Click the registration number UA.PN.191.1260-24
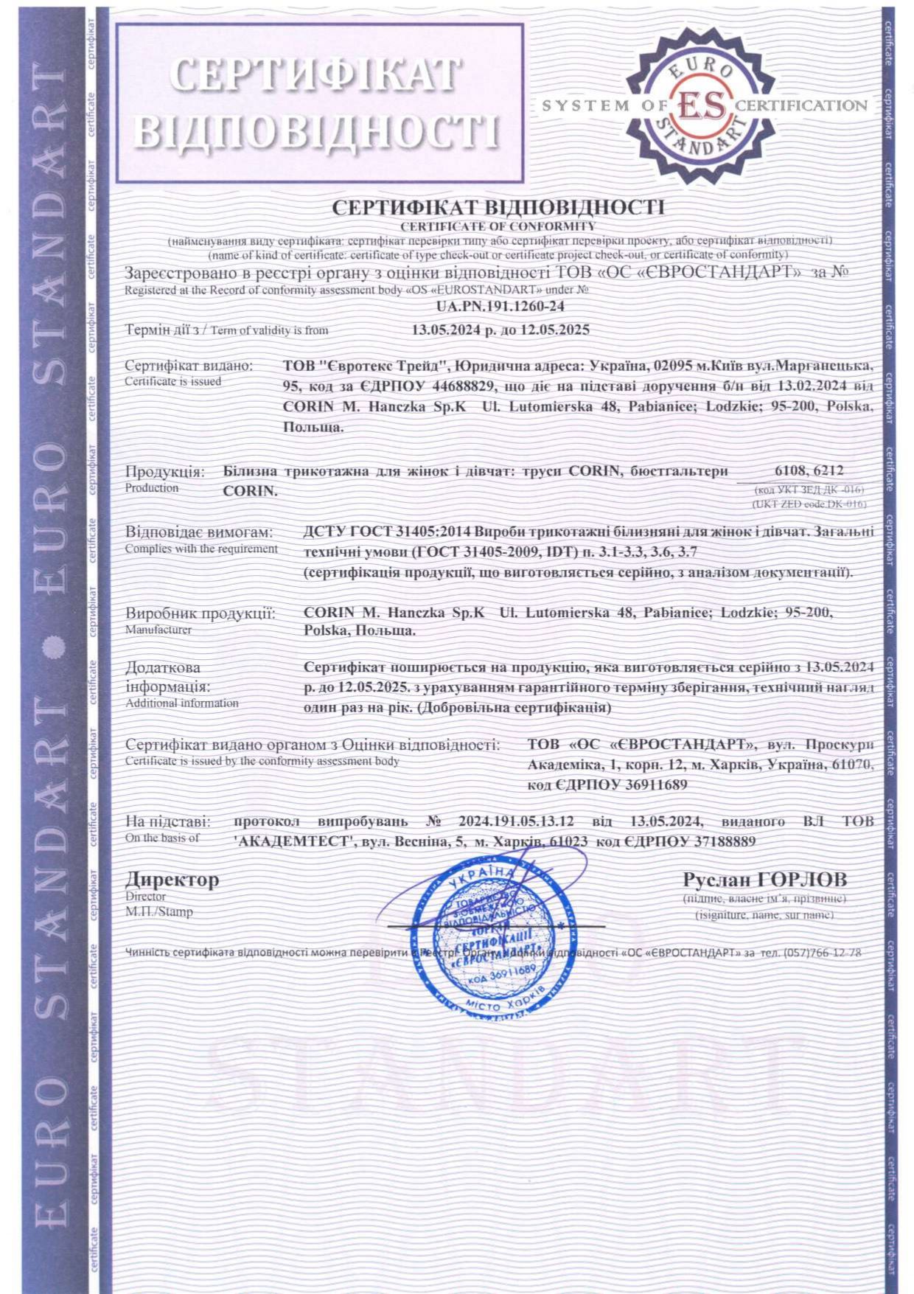point(500,306)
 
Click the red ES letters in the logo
point(701,105)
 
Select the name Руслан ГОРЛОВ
point(765,880)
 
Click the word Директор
point(172,880)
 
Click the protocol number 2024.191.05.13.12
point(516,821)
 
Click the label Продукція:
point(164,472)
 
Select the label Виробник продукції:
point(200,613)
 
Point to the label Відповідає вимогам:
point(199,532)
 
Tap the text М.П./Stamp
point(159,912)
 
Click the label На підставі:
point(168,821)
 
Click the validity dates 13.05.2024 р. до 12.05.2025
point(500,330)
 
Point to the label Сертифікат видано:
point(189,366)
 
